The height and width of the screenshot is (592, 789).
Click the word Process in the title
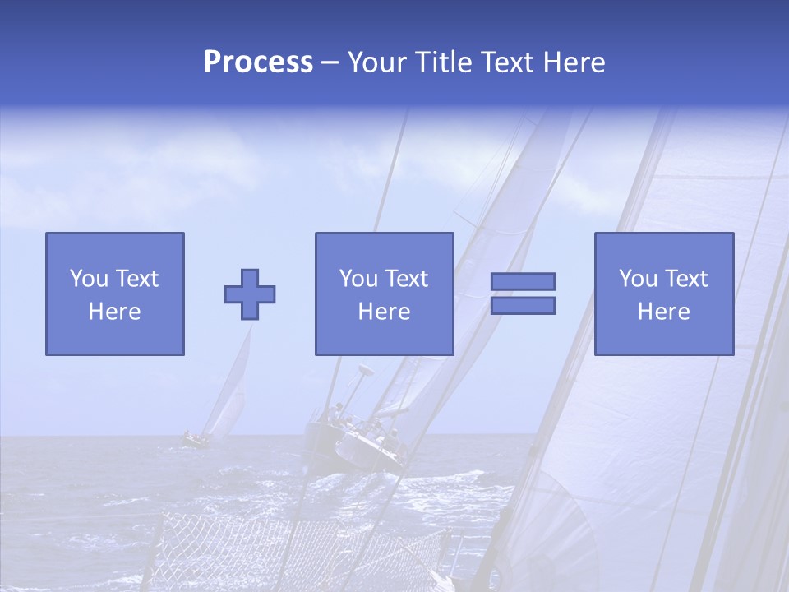(258, 62)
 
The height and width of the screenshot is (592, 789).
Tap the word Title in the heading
(442, 62)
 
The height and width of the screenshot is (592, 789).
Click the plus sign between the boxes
(250, 294)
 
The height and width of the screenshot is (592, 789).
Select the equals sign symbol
(523, 294)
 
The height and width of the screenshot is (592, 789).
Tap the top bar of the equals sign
(523, 281)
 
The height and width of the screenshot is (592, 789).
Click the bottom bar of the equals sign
(523, 306)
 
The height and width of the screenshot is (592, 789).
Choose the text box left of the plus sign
(114, 294)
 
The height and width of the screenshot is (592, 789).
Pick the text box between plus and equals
(384, 294)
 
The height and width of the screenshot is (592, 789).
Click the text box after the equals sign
(663, 294)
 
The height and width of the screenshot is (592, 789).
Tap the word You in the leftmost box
(88, 279)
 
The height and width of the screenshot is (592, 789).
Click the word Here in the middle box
(384, 312)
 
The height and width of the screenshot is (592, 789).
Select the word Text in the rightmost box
(686, 279)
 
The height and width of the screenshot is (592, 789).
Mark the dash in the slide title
(330, 62)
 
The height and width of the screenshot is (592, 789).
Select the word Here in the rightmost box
(663, 312)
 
